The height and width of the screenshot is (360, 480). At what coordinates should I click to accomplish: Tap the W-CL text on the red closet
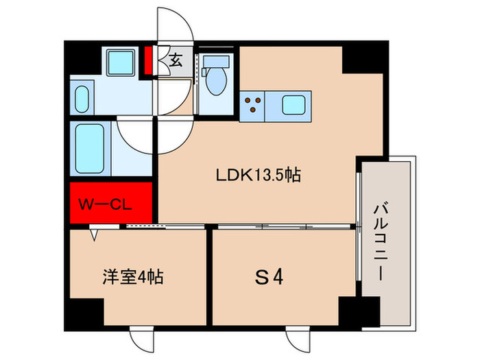pyautogui.click(x=104, y=204)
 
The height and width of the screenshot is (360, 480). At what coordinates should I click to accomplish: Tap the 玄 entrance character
pyautogui.click(x=176, y=60)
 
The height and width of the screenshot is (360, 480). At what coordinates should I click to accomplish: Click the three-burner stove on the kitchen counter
pyautogui.click(x=254, y=104)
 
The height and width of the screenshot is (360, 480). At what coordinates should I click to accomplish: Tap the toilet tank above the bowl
pyautogui.click(x=212, y=62)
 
